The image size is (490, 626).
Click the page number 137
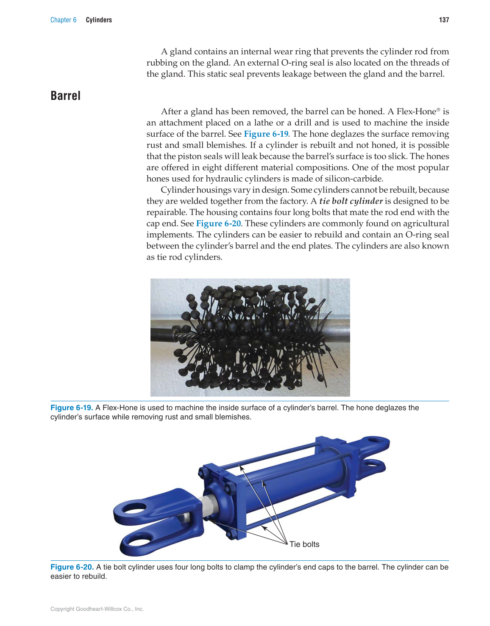pos(444,20)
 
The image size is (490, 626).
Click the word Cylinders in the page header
pos(99,20)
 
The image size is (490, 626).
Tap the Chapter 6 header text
pos(63,20)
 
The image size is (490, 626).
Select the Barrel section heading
pos(65,96)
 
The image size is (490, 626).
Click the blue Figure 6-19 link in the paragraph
pos(266,134)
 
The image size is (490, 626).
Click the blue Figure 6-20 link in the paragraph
pos(218,223)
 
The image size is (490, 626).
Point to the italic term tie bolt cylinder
pos(351,201)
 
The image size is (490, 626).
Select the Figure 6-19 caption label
pos(71,408)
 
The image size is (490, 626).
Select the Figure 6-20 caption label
pos(72,567)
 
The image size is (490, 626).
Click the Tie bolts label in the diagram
pos(304,544)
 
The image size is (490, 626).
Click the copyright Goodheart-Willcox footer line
pos(97,609)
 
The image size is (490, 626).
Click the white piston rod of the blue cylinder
pos(209,506)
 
